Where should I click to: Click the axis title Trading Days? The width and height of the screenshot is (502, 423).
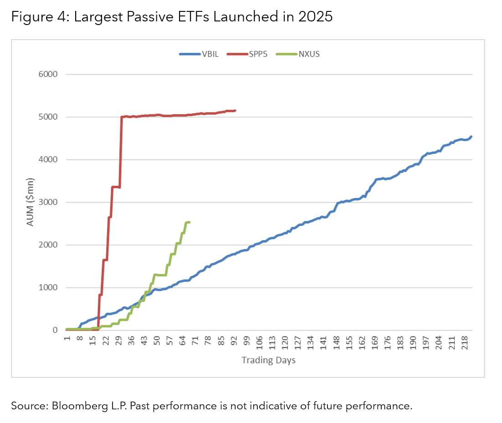coord(268,361)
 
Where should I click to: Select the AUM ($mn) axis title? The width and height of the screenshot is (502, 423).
coord(30,202)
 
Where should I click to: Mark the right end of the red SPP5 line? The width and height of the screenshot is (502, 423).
coord(235,110)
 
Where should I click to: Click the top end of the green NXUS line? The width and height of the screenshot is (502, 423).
coord(189,222)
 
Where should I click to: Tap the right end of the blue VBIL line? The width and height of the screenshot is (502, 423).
coord(471,136)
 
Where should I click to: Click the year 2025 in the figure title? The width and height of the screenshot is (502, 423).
coord(312,17)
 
